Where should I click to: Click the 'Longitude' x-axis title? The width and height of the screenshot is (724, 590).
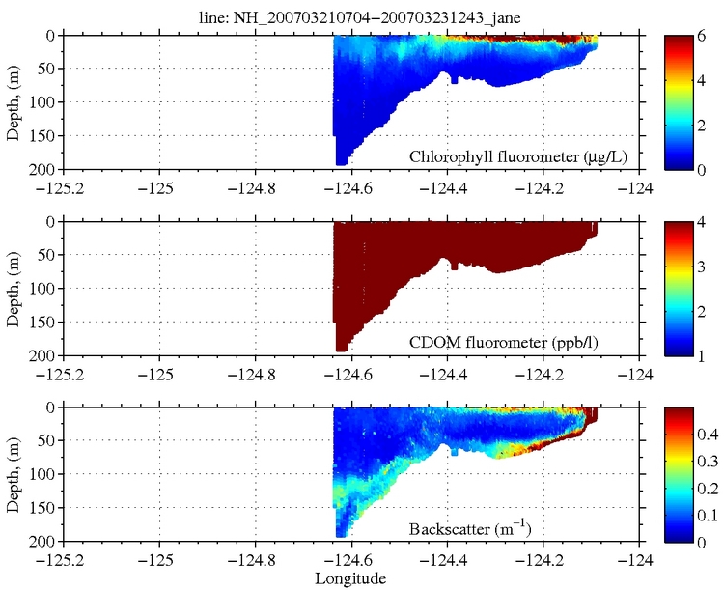click(x=351, y=579)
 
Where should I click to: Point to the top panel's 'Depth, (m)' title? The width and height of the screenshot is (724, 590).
click(x=14, y=101)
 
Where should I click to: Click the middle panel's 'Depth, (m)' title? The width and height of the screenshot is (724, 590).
click(x=14, y=288)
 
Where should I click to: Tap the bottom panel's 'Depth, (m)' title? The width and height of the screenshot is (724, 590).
click(x=14, y=474)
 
